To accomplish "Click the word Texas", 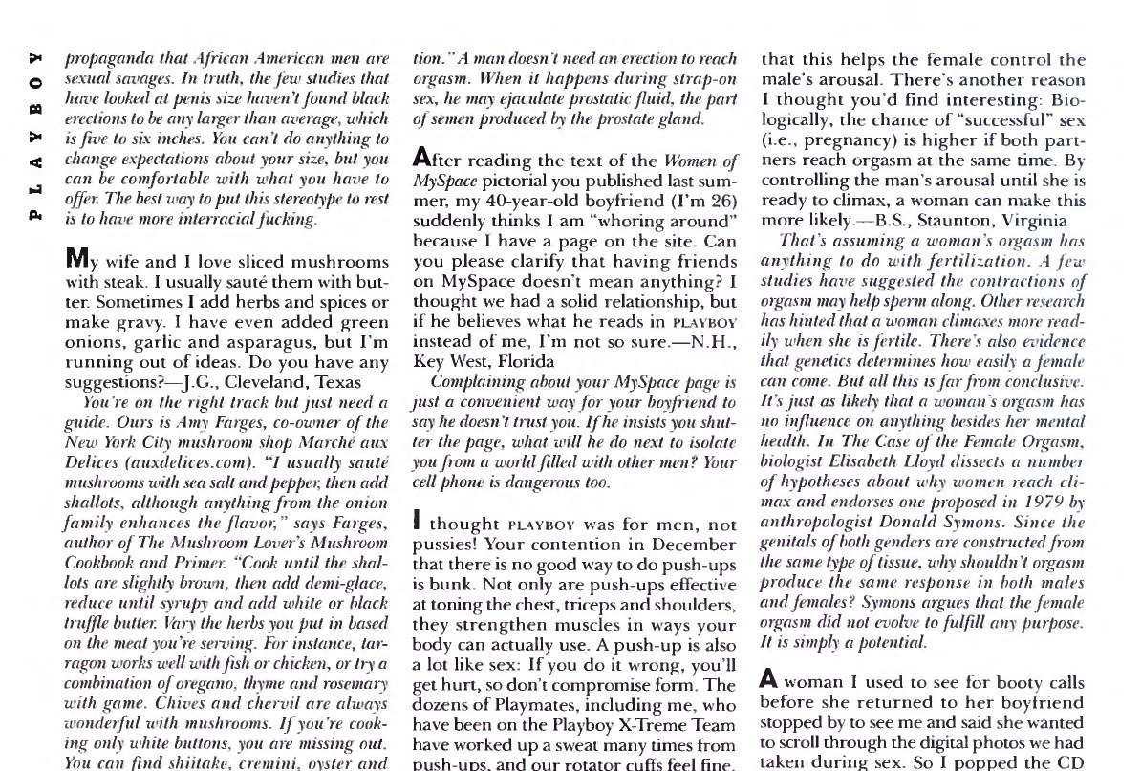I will click(x=336, y=382).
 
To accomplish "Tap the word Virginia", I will click(x=1017, y=221).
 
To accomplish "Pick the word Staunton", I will click(x=931, y=221).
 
